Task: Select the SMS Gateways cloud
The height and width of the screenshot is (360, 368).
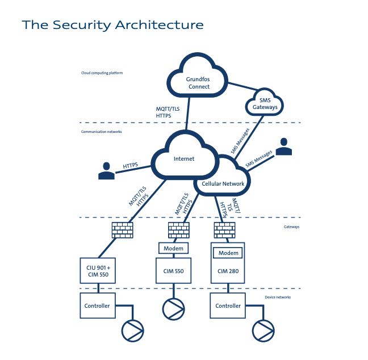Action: pos(265,104)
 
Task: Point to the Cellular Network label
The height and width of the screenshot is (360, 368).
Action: pos(223,183)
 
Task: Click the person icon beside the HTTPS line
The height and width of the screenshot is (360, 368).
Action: pos(106,171)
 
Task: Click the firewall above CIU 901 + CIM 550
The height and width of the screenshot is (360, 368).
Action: pos(122,230)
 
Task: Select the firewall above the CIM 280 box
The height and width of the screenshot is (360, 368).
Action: pos(224,230)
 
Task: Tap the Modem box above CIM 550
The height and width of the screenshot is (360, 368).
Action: pos(173,249)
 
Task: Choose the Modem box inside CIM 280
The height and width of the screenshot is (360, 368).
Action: pos(227,253)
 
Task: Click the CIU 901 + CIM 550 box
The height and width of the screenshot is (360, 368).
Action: pos(98,271)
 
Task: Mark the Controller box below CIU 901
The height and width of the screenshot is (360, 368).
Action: pos(98,305)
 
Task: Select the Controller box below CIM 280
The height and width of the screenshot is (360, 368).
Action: pos(228,305)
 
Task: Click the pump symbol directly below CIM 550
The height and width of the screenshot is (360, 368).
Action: pos(174,308)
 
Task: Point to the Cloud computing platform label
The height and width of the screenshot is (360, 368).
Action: pos(102,73)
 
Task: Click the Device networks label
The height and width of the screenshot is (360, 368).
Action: pos(278,297)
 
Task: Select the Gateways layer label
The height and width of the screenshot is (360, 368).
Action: pos(291,227)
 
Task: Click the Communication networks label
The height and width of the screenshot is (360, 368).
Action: pos(101,132)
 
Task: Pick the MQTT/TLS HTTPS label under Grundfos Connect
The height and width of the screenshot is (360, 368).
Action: pos(168,112)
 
